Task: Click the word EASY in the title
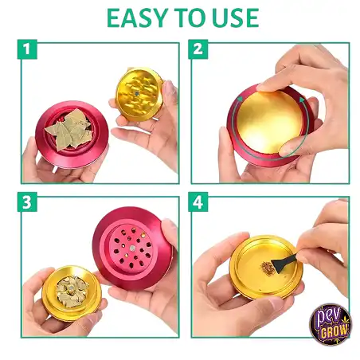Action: (136, 18)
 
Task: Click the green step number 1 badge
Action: (27, 49)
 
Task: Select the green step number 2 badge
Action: (198, 49)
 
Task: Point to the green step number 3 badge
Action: (27, 202)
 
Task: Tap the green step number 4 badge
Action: (198, 202)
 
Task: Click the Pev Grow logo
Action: (331, 324)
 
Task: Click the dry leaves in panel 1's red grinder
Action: (69, 130)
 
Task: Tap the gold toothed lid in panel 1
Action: (140, 94)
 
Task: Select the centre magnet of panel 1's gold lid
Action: (137, 93)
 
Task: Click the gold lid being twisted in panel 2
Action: (268, 122)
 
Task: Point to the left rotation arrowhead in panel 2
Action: (240, 100)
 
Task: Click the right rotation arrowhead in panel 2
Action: (302, 100)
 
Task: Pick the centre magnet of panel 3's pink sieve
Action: (132, 248)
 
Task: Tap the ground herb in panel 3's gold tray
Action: (72, 292)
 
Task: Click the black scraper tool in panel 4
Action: (284, 262)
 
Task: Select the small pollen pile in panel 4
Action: (266, 266)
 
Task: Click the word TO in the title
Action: (190, 18)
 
